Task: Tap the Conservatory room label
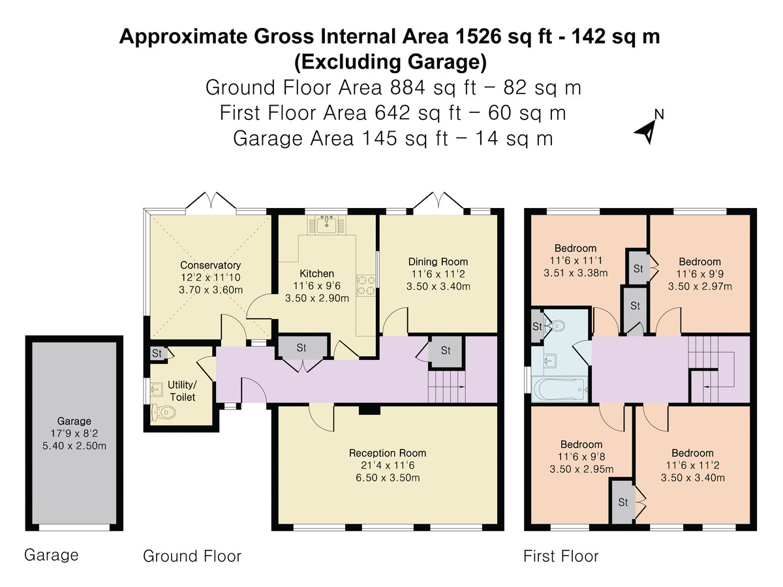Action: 210,265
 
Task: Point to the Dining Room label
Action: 438,262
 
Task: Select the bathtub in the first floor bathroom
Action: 560,390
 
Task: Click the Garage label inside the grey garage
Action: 74,421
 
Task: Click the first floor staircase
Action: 711,369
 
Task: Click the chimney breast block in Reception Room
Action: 369,410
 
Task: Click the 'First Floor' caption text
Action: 560,556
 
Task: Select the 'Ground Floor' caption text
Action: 192,556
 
